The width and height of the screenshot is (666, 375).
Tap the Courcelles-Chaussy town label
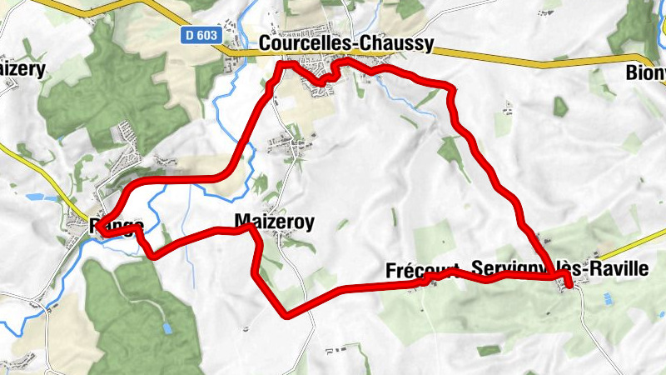[x=346, y=44]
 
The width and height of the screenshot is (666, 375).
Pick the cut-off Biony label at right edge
[x=648, y=73]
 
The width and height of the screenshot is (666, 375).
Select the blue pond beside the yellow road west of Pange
[x=32, y=197]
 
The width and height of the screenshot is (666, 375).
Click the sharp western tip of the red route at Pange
[x=98, y=227]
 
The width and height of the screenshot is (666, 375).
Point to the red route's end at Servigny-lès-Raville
[x=569, y=286]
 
